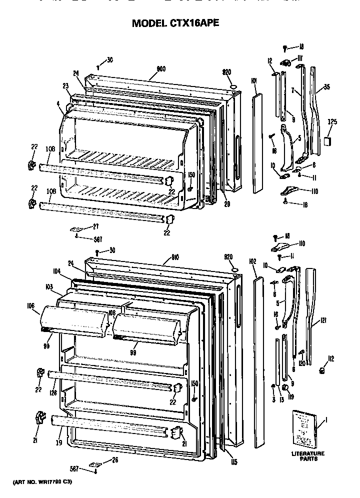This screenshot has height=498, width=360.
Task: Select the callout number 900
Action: [160, 68]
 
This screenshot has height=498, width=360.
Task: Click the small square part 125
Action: [328, 140]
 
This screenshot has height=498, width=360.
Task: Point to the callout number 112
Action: [331, 358]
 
